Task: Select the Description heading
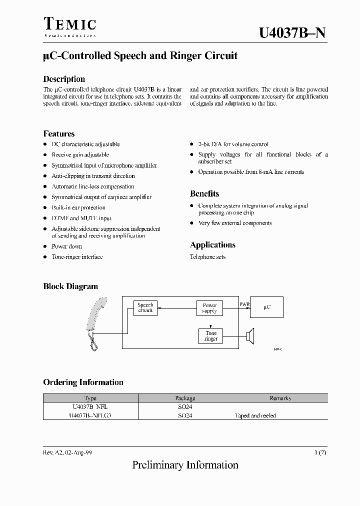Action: (x=64, y=79)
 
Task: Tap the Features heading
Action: (x=59, y=133)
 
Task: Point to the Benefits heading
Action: (x=204, y=193)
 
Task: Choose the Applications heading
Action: (x=212, y=245)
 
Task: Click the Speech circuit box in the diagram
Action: (x=145, y=307)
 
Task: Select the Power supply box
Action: (x=209, y=308)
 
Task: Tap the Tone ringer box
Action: (x=211, y=336)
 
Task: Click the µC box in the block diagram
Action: (x=266, y=307)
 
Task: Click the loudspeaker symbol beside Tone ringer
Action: (x=250, y=335)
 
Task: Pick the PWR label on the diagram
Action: (x=244, y=303)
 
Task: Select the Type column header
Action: (x=90, y=398)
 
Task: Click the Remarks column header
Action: (x=280, y=398)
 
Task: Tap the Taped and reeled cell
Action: (x=255, y=415)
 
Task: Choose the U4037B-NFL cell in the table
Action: (x=90, y=407)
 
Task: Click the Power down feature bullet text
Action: (x=67, y=246)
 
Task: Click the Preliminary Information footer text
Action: (x=185, y=465)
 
